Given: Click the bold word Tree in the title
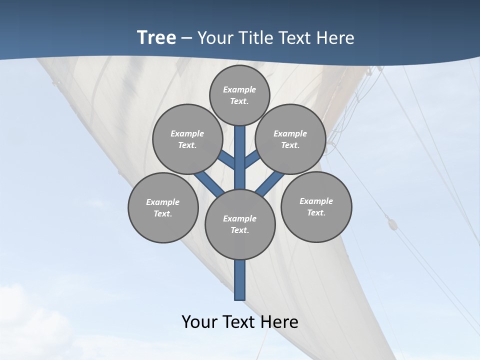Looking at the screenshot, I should (x=156, y=38).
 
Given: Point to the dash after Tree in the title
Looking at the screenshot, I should (x=187, y=38).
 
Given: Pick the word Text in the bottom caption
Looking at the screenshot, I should (x=241, y=322).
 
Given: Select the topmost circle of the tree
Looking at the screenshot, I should (x=239, y=95).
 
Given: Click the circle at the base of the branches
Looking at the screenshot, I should (x=240, y=224).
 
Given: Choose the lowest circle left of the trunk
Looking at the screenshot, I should (x=163, y=207).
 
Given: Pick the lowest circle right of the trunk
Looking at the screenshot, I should (x=316, y=207).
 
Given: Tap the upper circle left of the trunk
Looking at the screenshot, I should (x=187, y=139).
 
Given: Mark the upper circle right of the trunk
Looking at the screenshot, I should (x=290, y=139).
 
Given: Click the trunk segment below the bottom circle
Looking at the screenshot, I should (x=240, y=280).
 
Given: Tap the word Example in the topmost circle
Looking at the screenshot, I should (x=239, y=89).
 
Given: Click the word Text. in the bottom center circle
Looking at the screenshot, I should (x=239, y=230).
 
